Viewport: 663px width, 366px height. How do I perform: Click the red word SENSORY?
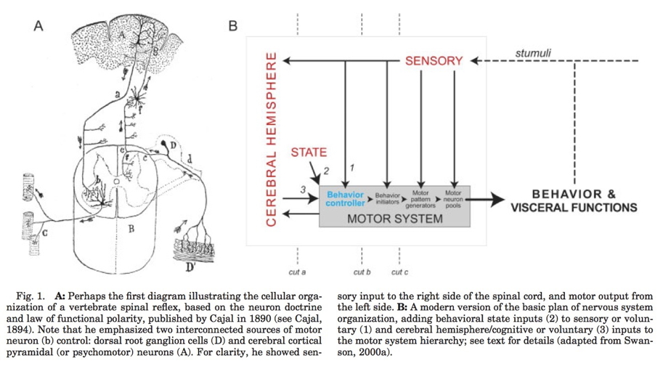tap(434, 61)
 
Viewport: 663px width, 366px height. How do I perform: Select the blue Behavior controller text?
tap(345, 199)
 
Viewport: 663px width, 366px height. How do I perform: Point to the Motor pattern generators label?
tap(420, 199)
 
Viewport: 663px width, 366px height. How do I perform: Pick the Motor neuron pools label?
tap(454, 199)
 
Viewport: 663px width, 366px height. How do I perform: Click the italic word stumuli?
tap(533, 53)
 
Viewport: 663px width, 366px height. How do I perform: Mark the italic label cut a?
tap(297, 272)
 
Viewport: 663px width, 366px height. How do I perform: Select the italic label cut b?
tap(362, 272)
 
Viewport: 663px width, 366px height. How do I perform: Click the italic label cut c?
tap(400, 272)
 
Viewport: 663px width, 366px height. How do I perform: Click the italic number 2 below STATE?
tap(326, 171)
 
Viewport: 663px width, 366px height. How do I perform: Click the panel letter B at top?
tap(233, 26)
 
